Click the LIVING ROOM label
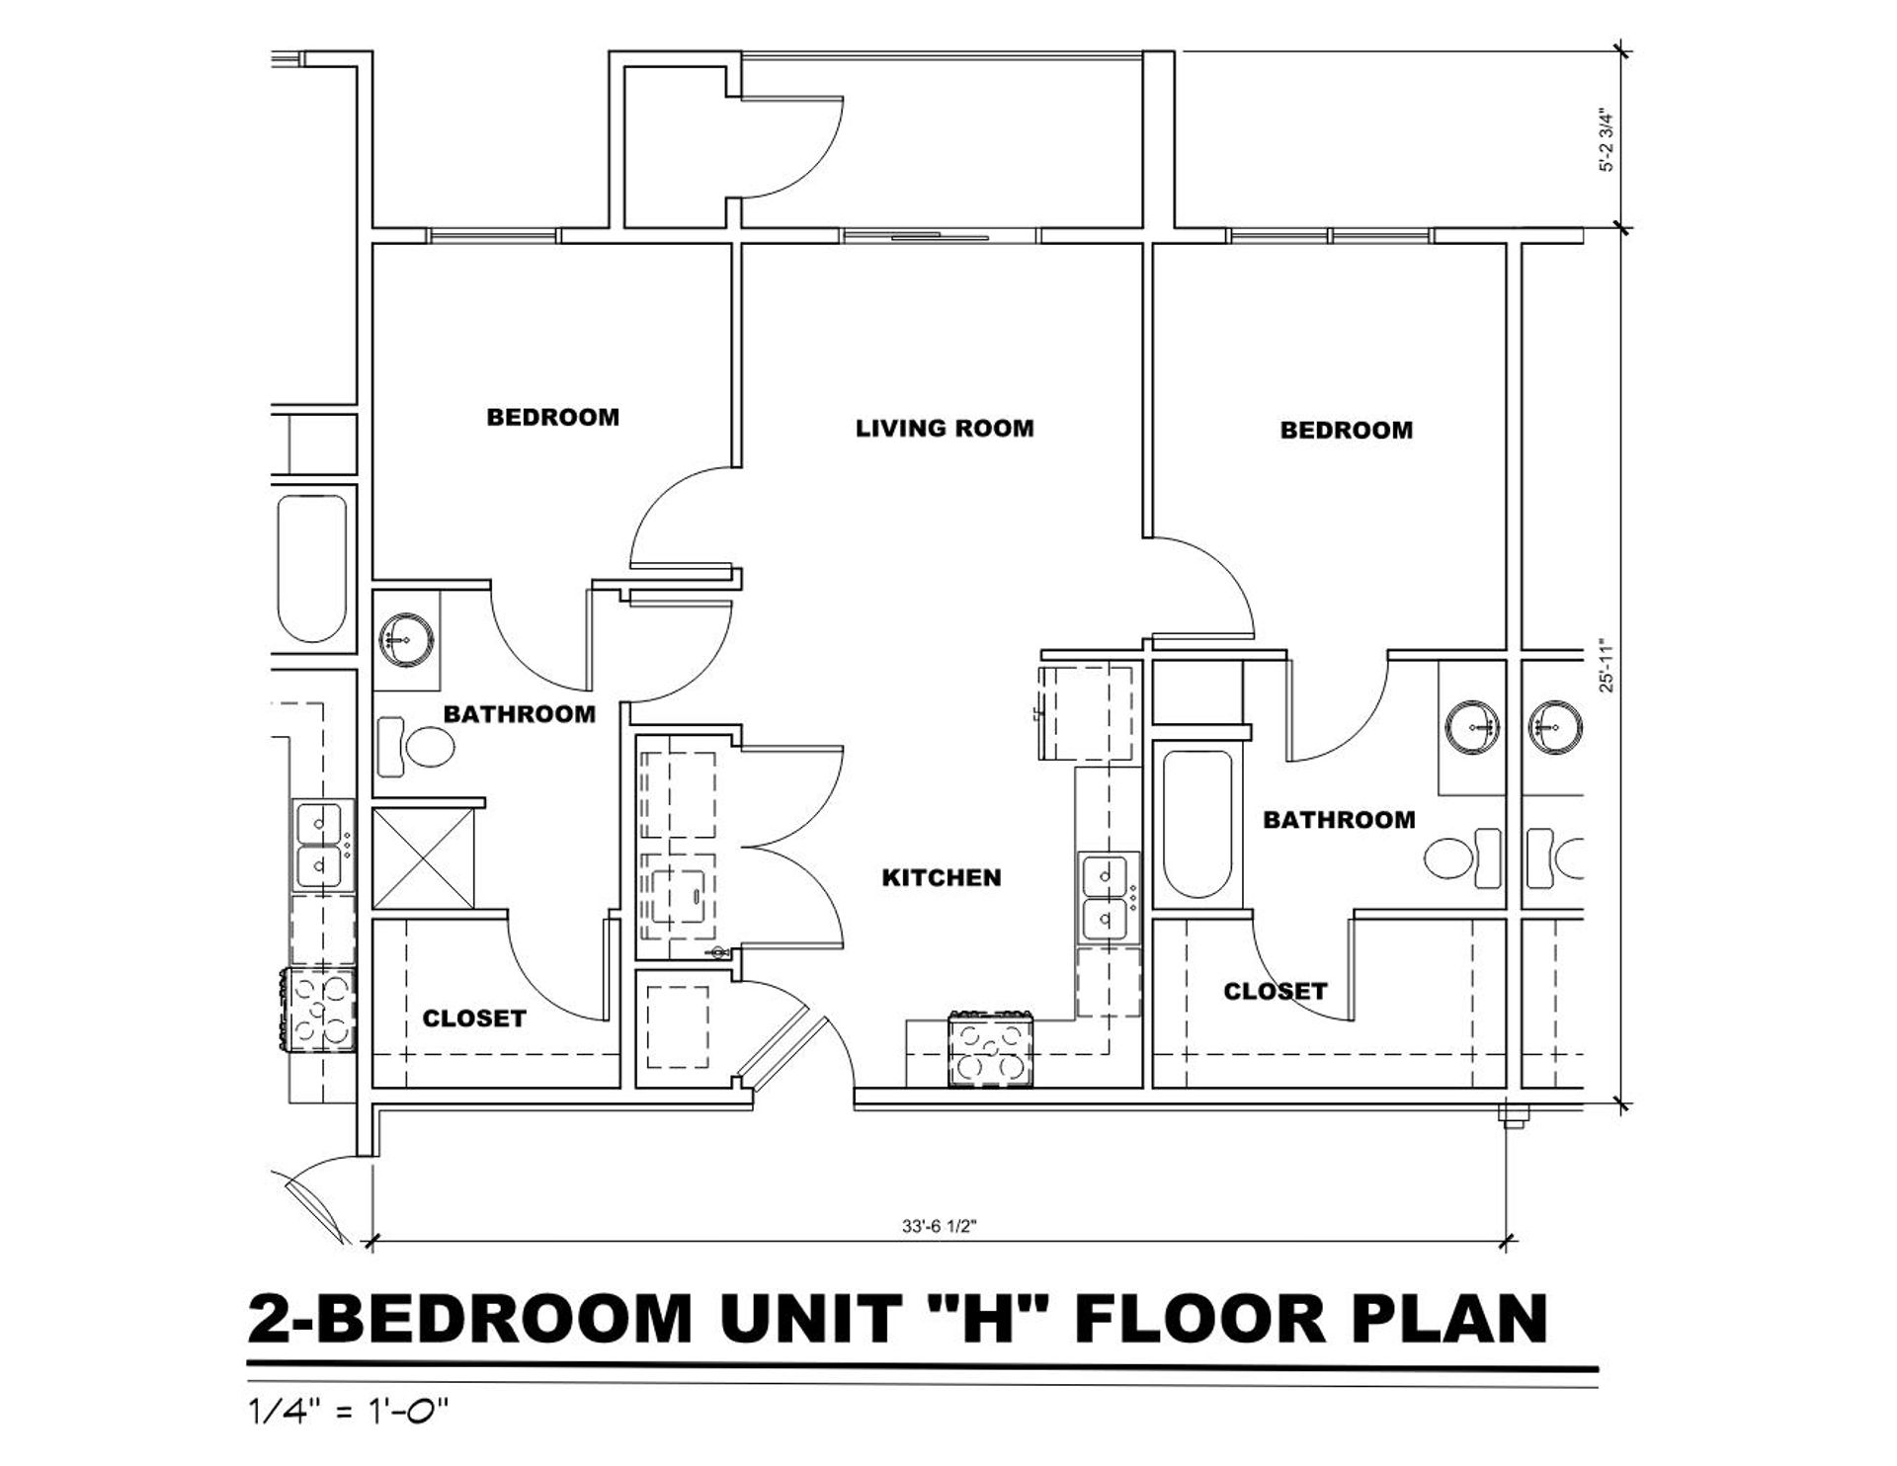click(x=945, y=428)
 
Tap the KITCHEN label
click(x=942, y=877)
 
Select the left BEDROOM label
click(x=553, y=417)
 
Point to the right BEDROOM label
click(x=1347, y=430)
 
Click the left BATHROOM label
click(x=520, y=713)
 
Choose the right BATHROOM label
click(x=1339, y=819)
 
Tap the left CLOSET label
click(x=474, y=1018)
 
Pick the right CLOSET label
click(x=1276, y=991)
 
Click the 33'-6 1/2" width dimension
click(x=939, y=1226)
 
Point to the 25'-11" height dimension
click(x=1608, y=668)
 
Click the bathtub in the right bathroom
click(x=1197, y=824)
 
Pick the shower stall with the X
click(x=424, y=857)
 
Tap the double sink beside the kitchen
click(x=1109, y=897)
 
